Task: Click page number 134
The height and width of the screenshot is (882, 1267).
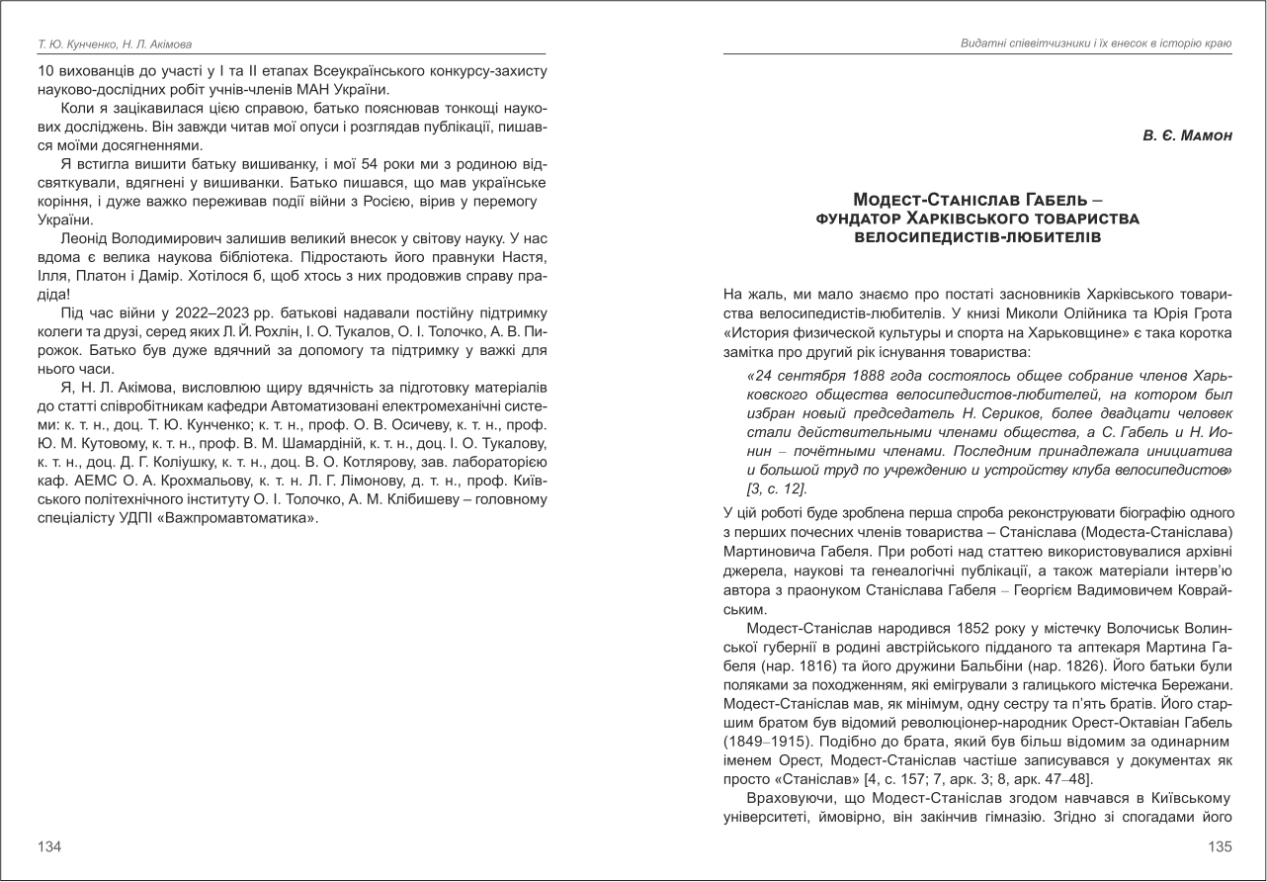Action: coord(49,847)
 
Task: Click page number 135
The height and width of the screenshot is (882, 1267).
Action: coord(1220,847)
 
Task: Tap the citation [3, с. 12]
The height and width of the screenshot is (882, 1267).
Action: coord(778,489)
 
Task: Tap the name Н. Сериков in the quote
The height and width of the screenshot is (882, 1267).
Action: coord(991,414)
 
